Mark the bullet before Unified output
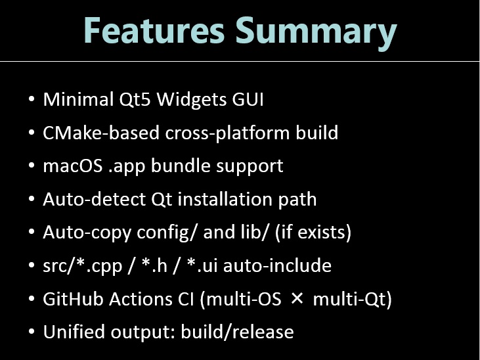pyautogui.click(x=32, y=332)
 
